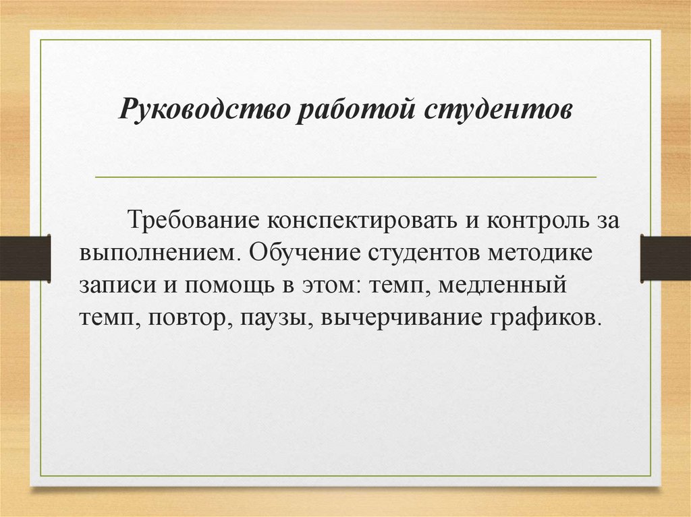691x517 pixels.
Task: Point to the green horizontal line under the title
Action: (345, 177)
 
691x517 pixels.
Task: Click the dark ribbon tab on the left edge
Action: (25, 258)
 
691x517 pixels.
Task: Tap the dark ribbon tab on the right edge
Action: (665, 258)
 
